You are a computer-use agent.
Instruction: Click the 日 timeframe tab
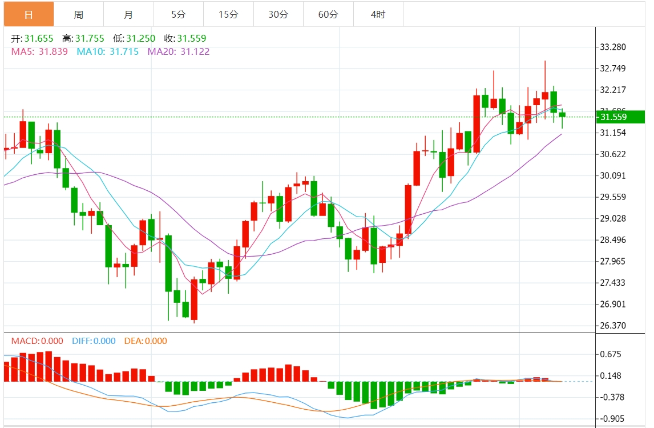tap(29, 14)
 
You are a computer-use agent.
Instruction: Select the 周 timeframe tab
tap(79, 14)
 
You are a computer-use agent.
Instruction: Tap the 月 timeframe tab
tap(128, 14)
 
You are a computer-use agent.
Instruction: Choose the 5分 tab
tap(178, 14)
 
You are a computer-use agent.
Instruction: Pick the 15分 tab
tap(228, 14)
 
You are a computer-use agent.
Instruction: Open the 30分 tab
tap(278, 14)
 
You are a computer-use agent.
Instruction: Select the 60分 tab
tap(328, 14)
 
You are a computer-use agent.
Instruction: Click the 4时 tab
tap(378, 14)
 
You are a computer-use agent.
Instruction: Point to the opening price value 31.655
tap(39, 39)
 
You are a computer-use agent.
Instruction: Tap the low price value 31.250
tap(140, 39)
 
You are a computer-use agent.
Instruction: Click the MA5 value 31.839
tap(53, 51)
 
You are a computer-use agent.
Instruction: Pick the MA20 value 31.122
tap(195, 51)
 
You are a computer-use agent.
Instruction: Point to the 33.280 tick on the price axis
tap(613, 47)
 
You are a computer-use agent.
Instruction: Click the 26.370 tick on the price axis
tap(613, 326)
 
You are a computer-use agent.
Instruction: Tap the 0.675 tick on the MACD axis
tap(611, 354)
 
